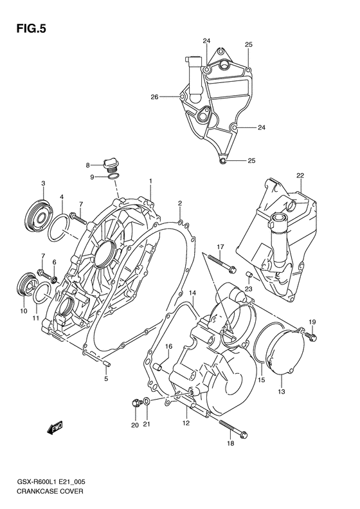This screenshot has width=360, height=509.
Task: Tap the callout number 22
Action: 300,175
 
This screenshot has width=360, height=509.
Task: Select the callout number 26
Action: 154,97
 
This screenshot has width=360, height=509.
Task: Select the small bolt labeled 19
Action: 312,335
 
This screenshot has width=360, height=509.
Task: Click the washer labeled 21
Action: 147,403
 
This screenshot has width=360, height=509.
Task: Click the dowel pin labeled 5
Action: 106,365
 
